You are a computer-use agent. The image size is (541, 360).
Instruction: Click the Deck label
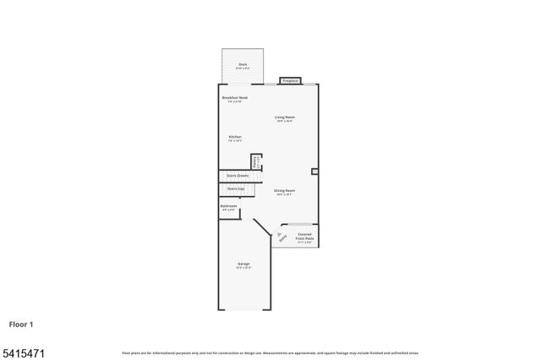242,63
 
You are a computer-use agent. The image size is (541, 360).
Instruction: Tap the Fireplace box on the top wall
291,80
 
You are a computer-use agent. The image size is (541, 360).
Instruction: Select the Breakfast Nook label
235,98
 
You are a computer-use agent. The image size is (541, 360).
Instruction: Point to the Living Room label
284,117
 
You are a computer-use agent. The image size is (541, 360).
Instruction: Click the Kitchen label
235,136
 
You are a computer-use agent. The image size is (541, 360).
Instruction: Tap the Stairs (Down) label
237,176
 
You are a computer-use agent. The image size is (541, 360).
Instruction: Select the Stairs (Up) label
236,188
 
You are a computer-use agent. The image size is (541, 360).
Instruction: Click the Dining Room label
284,190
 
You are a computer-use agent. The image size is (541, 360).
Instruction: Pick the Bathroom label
228,205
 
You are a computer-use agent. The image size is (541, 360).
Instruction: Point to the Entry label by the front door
281,237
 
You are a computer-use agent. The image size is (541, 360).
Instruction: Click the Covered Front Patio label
304,237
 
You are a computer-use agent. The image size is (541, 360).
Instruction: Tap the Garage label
243,265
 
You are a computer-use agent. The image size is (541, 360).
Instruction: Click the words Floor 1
22,324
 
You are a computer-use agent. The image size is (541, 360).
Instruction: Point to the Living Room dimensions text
284,121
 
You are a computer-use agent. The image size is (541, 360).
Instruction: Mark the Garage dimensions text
243,269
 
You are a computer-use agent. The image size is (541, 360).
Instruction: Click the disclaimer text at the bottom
270,352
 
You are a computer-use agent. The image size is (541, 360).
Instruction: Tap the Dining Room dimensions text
284,194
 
